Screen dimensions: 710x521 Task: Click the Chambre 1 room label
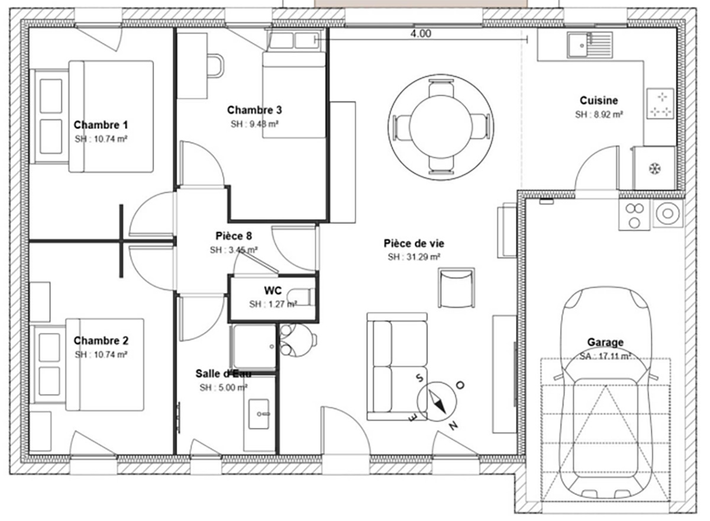point(101,125)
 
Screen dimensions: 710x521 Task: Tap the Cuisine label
point(599,101)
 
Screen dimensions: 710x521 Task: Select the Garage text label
point(605,342)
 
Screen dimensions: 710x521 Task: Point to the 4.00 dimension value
point(421,33)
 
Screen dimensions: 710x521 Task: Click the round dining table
point(441,127)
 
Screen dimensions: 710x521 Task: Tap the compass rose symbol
point(437,401)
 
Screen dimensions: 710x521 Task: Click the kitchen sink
point(590,45)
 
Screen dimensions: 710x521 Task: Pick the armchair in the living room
point(456,287)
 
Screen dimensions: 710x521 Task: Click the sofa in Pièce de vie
point(397,366)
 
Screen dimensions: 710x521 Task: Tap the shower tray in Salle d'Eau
point(254,346)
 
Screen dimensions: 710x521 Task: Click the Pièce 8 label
point(234,236)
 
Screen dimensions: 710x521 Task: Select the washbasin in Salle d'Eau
point(259,414)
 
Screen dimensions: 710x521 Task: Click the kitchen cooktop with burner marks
point(660,104)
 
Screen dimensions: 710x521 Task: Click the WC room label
point(273,291)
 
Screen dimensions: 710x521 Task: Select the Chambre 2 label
point(101,340)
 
